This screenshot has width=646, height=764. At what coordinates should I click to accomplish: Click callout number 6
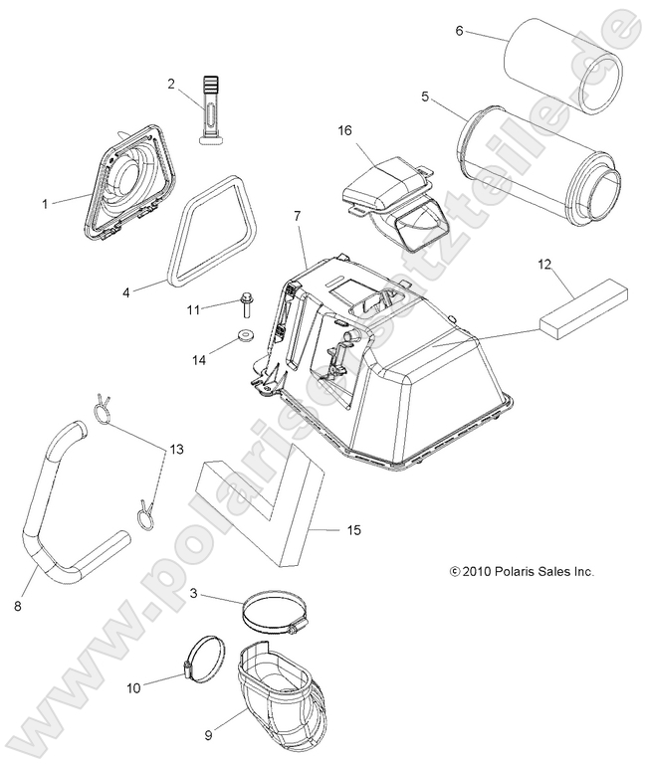[x=460, y=31]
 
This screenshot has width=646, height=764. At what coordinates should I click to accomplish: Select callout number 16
[x=344, y=130]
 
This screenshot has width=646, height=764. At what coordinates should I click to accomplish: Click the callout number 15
[x=353, y=530]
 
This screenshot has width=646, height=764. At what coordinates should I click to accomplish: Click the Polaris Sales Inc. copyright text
[x=508, y=572]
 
